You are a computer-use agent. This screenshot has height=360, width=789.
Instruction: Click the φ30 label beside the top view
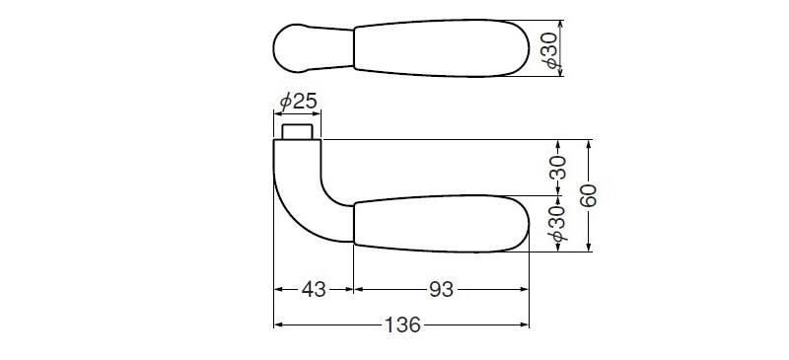coord(551,49)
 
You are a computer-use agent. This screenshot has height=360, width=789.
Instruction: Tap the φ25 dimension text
coord(299,103)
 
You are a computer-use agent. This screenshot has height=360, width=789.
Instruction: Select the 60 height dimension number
coord(588,195)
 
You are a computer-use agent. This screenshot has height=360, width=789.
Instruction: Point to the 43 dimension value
coord(314,290)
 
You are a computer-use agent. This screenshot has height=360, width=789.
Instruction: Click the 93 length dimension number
coord(441,290)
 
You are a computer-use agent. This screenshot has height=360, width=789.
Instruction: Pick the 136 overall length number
coord(402,325)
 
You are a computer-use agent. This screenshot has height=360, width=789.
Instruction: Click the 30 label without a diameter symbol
coord(557,167)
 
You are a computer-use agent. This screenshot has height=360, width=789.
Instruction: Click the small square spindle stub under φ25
coord(298,132)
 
